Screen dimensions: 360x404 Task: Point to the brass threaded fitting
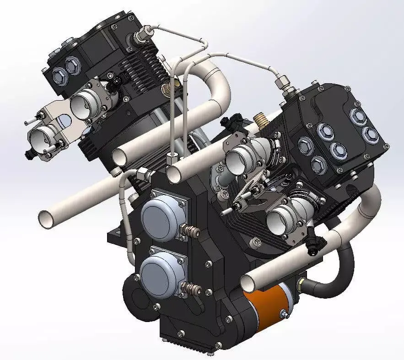259,122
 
